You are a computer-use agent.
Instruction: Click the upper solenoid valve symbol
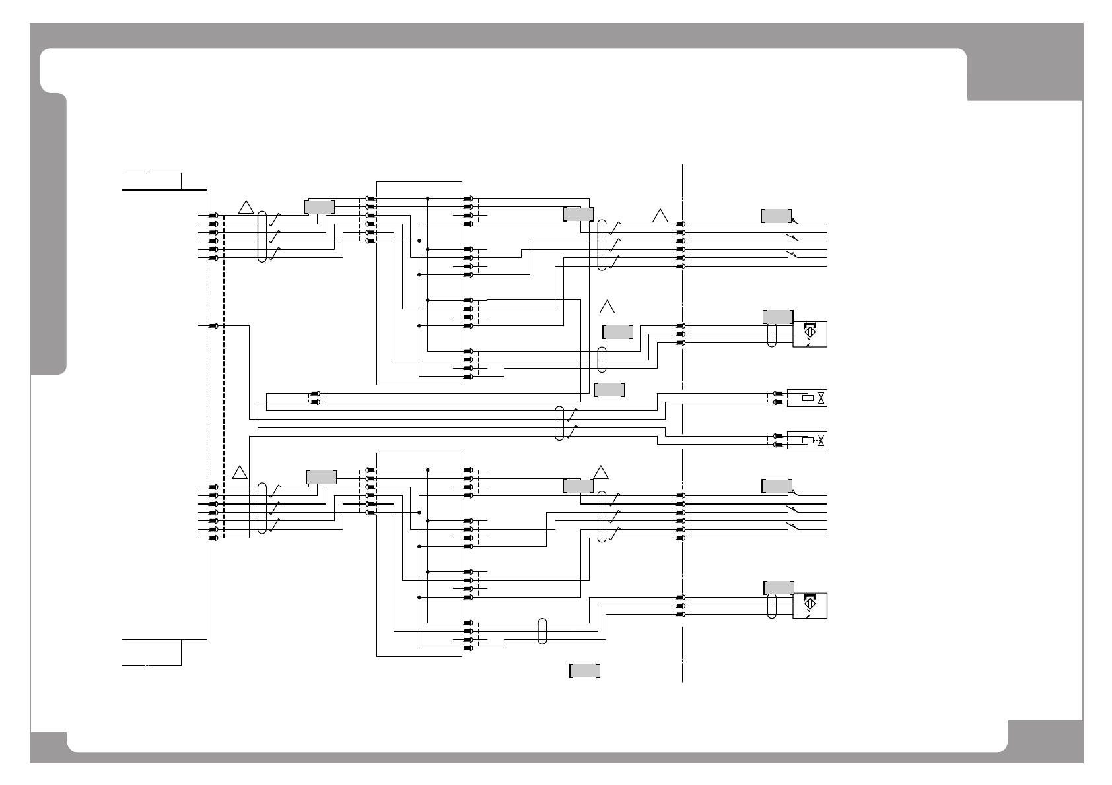coord(807,398)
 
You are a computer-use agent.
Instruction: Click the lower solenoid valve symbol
coord(807,440)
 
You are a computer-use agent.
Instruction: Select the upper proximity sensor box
coord(810,334)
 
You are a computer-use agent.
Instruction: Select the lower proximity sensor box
coord(810,606)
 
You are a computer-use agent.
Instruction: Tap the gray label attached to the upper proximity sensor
coord(778,317)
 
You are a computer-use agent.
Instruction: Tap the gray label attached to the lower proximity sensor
coord(779,588)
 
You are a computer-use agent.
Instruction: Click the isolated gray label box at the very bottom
coord(584,671)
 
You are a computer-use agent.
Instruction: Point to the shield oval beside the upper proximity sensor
coord(772,334)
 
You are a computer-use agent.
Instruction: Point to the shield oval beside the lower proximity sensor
coord(772,606)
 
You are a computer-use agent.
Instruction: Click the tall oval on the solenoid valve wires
coord(560,423)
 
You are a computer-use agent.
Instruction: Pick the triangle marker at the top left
coord(246,206)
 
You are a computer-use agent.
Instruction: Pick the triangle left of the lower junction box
coord(240,472)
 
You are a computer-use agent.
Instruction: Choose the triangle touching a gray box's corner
coord(600,472)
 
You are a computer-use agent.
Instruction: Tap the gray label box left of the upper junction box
coord(320,206)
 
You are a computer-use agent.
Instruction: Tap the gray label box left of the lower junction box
coord(322,477)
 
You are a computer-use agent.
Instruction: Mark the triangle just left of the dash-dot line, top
coord(660,216)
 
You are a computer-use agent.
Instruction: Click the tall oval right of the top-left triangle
coord(262,237)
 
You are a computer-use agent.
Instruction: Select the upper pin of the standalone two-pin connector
coord(315,394)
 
